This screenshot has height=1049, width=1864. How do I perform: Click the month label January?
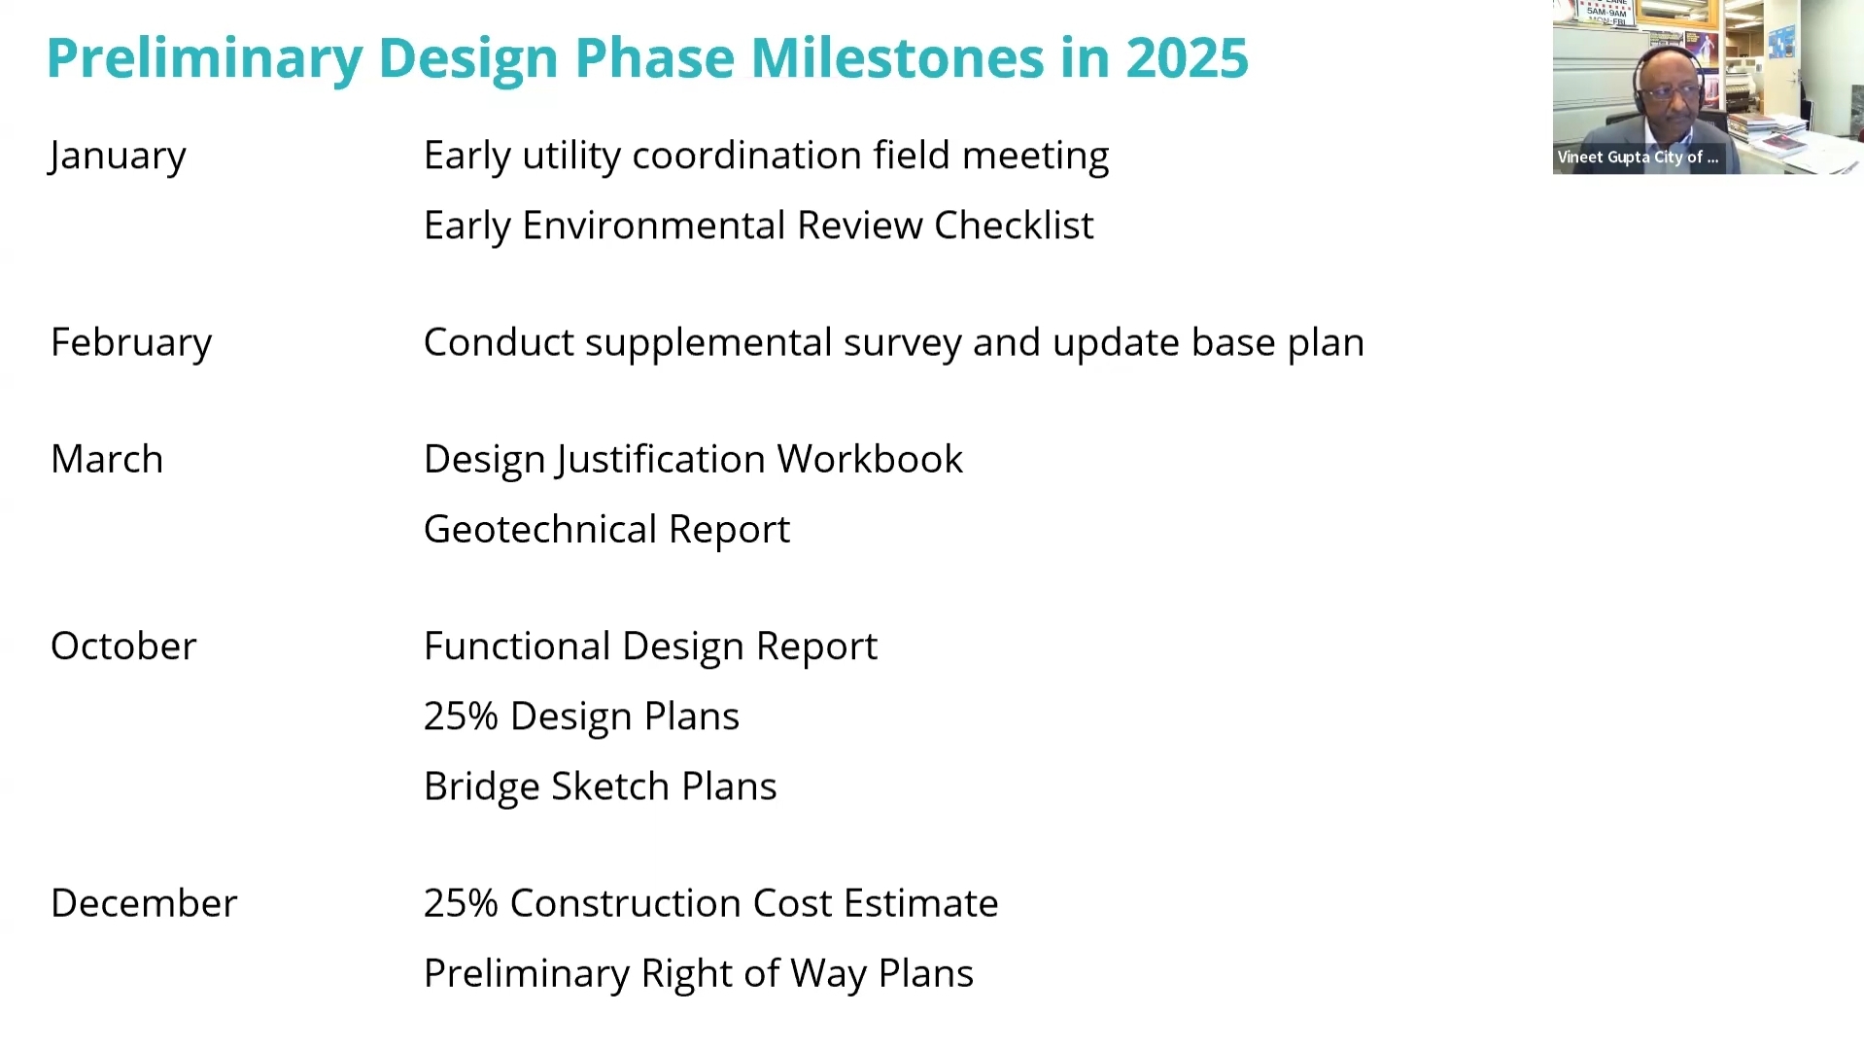click(117, 157)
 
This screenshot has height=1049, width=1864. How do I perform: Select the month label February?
click(131, 343)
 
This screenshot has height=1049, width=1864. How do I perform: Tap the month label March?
click(107, 459)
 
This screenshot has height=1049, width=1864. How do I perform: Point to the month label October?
click(123, 646)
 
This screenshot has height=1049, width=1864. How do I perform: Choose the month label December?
click(144, 903)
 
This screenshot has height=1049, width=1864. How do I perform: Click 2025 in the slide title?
click(1187, 57)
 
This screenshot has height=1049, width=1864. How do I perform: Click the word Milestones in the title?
click(897, 57)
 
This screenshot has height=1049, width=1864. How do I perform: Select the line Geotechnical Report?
click(606, 530)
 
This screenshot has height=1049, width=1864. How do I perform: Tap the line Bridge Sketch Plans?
click(600, 787)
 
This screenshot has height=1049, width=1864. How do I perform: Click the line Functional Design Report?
click(650, 647)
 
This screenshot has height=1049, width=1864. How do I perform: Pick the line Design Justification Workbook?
click(693, 460)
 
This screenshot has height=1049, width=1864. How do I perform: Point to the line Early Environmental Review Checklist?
click(758, 226)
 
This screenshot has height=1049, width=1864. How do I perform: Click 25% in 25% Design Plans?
click(461, 717)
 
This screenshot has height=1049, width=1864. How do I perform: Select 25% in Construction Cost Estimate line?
click(461, 903)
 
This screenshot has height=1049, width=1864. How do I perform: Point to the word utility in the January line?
click(571, 157)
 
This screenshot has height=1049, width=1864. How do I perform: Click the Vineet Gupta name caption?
click(1638, 157)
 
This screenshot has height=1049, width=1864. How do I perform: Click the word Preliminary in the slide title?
click(204, 57)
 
